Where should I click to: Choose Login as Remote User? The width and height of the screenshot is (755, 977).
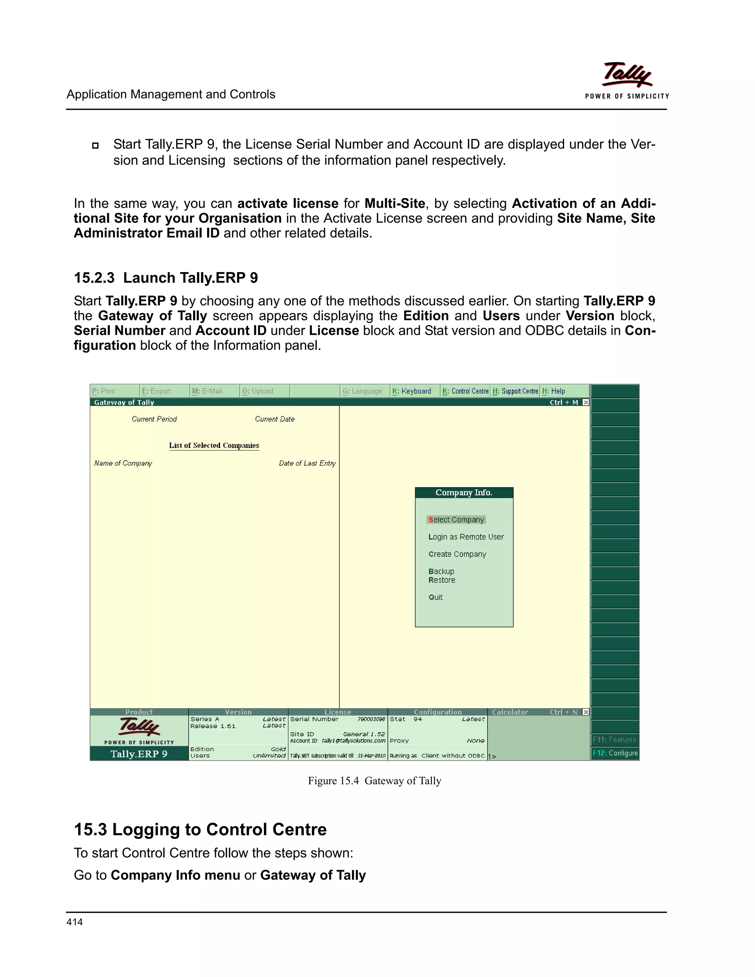[x=466, y=537]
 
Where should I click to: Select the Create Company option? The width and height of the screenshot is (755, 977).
[x=457, y=554]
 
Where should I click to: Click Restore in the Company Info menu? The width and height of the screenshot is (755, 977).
[x=441, y=580]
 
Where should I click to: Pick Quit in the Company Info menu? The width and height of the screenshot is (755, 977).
[x=435, y=597]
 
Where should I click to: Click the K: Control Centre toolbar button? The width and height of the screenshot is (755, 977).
[x=465, y=391]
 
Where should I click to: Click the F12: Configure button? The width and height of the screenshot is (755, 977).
[x=615, y=753]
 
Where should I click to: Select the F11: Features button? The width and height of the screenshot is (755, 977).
[x=614, y=740]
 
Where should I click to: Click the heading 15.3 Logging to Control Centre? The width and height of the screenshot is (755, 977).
[x=200, y=830]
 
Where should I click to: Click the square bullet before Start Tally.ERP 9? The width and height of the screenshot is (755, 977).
[x=95, y=145]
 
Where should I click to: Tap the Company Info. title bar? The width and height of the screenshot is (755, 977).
[x=464, y=493]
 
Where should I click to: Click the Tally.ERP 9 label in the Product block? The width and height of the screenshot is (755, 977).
[x=139, y=754]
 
